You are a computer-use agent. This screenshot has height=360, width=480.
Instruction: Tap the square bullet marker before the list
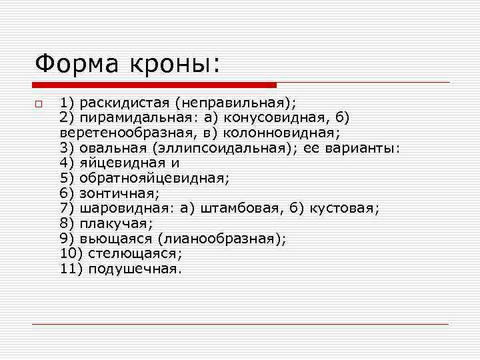tap(39, 104)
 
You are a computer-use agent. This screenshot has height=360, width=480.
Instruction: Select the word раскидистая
tap(123, 103)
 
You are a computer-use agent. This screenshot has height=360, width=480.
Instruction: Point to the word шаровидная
tap(125, 208)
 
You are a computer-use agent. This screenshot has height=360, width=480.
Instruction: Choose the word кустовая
tap(344, 208)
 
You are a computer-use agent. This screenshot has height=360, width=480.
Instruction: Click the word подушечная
tap(130, 269)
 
